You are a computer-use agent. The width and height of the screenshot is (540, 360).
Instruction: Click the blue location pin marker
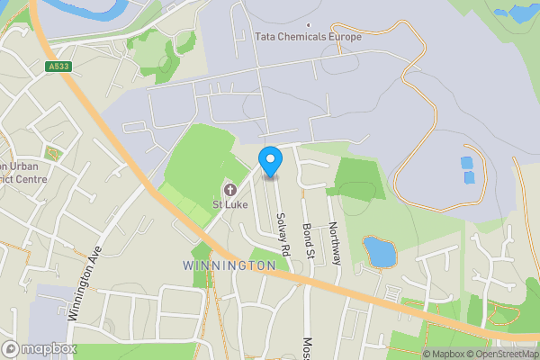pyautogui.click(x=270, y=160)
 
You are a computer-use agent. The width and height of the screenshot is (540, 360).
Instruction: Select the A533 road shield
pyautogui.click(x=58, y=67)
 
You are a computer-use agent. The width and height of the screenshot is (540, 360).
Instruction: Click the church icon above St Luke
pyautogui.click(x=229, y=190)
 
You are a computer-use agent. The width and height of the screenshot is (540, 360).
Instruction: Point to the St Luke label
pyautogui.click(x=229, y=205)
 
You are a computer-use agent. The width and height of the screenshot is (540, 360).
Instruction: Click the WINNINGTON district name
pyautogui.click(x=229, y=266)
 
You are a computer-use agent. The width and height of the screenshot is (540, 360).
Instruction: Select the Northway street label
pyautogui.click(x=334, y=243)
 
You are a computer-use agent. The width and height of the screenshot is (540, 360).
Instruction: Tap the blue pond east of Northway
pyautogui.click(x=381, y=252)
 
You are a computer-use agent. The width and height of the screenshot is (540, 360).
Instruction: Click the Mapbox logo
pyautogui.click(x=39, y=348)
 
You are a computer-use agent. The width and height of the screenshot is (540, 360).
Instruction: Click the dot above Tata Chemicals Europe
pyautogui.click(x=309, y=25)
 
